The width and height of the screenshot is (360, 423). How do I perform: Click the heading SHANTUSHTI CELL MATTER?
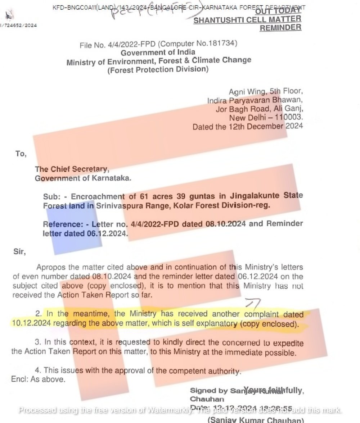coord(247,20)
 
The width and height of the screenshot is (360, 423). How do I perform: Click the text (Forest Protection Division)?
coord(158,69)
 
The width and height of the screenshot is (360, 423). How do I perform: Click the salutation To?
coord(21,154)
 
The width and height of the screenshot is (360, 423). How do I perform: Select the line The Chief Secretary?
coord(72,169)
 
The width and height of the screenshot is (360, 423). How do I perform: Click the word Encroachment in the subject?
coord(98,197)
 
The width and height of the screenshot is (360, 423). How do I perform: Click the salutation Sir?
coord(19,252)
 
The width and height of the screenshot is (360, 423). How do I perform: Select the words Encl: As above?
coord(38,379)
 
